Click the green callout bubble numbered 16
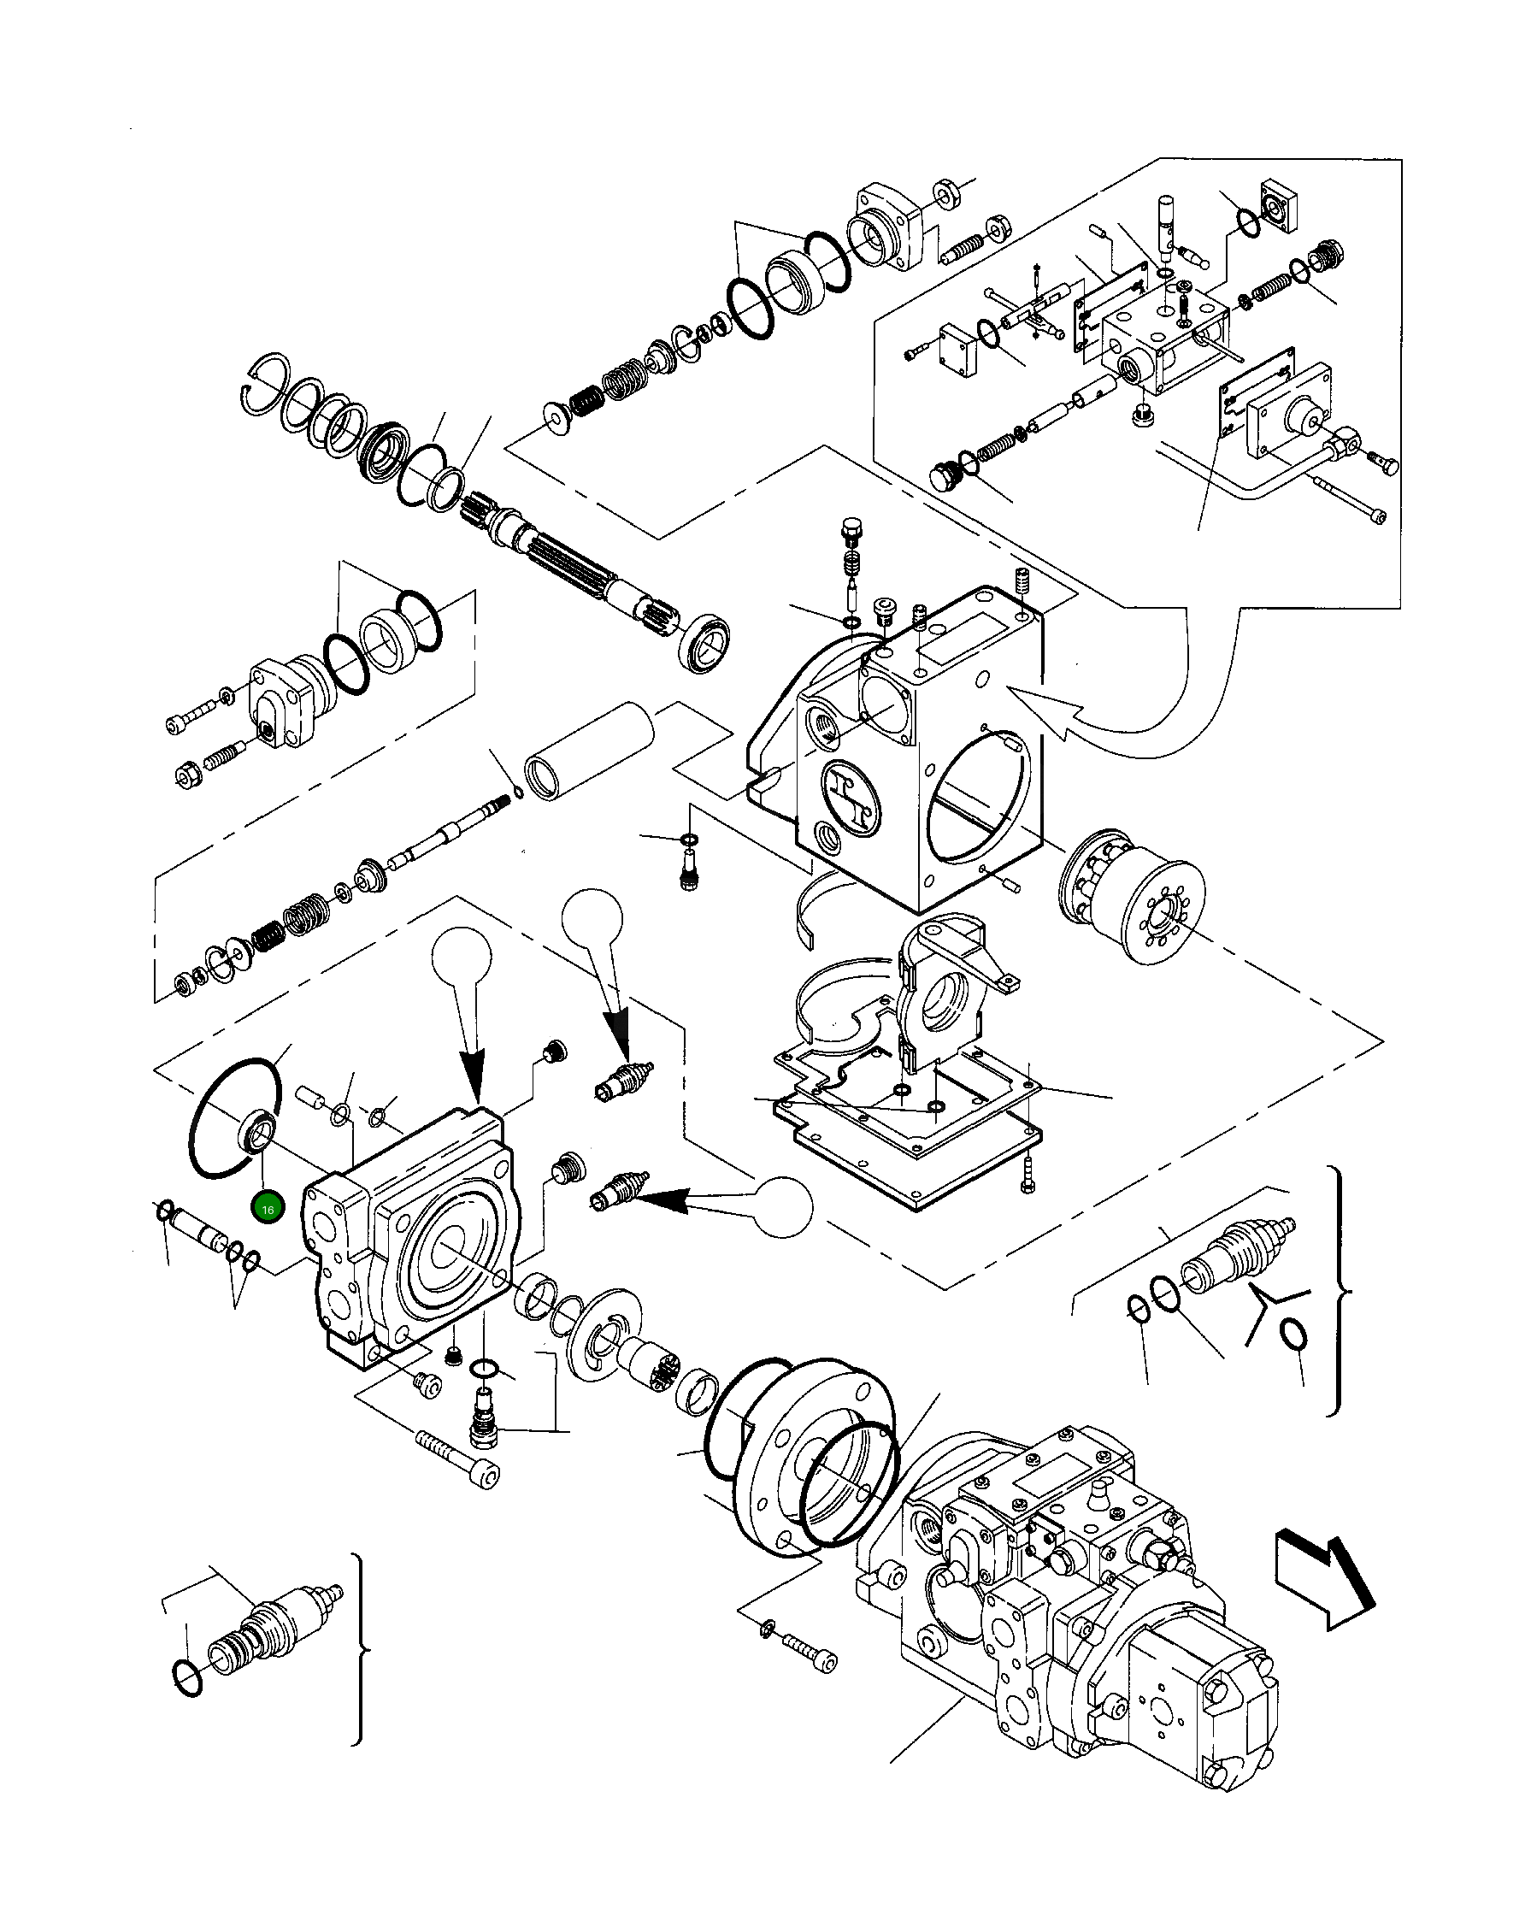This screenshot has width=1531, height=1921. pos(268,1209)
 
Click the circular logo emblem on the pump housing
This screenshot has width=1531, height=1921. pos(851,793)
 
